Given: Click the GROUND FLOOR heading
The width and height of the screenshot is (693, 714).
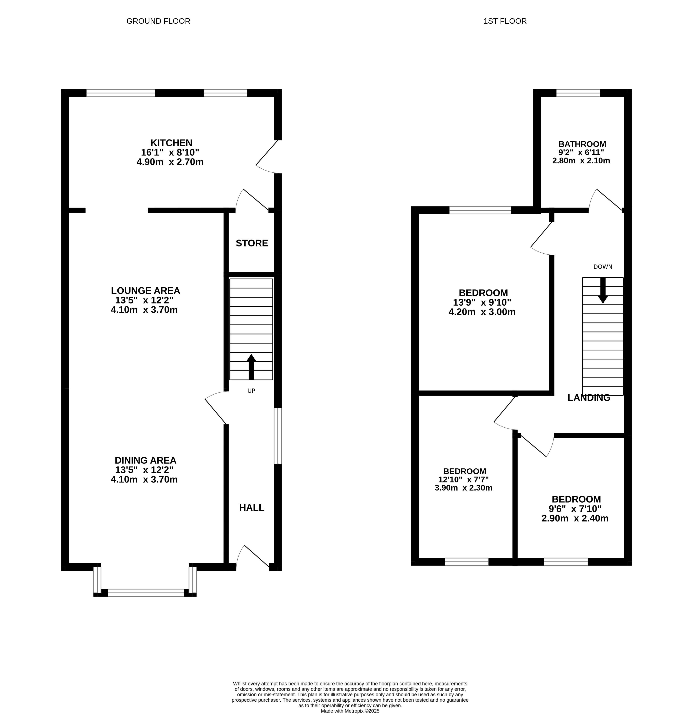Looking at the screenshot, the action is pos(158,21).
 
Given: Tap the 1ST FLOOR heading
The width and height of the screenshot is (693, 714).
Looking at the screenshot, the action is pos(505,21).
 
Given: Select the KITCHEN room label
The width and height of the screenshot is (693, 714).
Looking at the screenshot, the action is pos(171,143).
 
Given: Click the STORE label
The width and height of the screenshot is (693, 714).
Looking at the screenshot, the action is pos(252,243).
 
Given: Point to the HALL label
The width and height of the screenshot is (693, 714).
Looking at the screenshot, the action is pos(252,507).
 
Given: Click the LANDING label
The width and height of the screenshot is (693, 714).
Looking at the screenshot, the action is pos(589,397).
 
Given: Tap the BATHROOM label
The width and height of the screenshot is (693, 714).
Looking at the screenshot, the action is pos(582,144).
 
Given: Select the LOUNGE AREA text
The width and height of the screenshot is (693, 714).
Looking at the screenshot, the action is pos(145,291).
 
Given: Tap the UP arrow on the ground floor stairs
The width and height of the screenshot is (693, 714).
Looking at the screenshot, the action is pos(251,367).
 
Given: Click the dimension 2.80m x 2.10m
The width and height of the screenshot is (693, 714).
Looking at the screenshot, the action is pos(581,161).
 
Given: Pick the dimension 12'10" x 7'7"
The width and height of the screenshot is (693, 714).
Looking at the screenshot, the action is pos(463,480).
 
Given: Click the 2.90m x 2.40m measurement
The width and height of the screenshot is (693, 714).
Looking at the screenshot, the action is pos(575,518).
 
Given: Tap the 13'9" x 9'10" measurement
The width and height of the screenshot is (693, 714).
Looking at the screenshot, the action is pos(482,302).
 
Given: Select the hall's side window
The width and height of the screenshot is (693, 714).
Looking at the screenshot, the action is pos(278,436).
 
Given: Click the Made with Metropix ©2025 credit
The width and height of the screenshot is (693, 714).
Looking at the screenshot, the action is pos(350,711).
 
